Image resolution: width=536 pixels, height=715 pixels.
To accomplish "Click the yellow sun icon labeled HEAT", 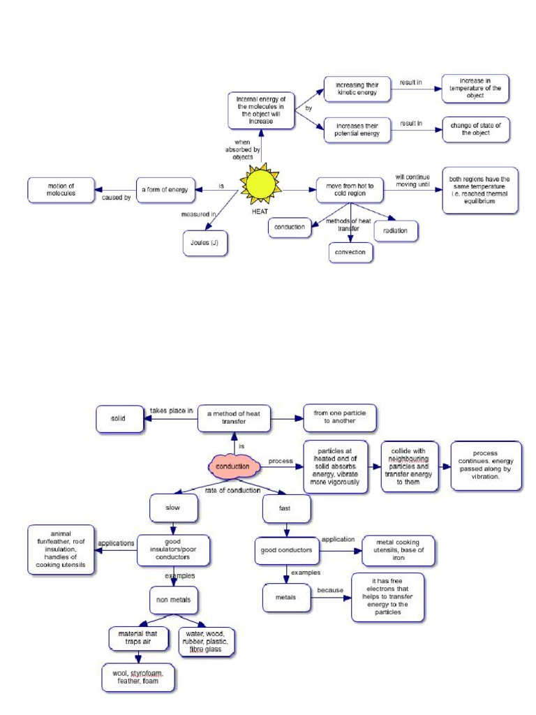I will point(260,184).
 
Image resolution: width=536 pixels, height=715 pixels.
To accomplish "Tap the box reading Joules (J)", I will point(204,244).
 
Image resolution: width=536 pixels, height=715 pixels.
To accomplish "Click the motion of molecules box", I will point(61,190).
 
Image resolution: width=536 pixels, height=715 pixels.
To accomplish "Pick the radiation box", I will point(396,230).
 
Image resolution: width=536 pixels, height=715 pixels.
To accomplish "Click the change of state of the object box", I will point(475,130).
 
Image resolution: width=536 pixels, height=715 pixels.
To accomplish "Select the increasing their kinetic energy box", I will point(357,89).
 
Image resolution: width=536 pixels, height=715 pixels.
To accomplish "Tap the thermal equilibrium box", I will point(480,190).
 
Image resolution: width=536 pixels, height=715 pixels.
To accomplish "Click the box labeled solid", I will point(118,419).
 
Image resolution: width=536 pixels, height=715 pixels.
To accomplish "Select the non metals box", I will point(174,599).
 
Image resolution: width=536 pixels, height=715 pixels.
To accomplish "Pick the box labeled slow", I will point(173,508).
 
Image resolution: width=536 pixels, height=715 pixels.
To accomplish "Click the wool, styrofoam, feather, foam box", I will point(138,677).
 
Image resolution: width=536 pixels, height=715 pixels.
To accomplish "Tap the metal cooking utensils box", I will point(399,550).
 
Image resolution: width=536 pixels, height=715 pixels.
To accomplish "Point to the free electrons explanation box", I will point(387,597).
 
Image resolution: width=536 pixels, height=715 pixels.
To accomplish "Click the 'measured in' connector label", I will point(198,214).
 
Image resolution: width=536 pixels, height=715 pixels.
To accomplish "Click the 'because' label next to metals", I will point(330,590).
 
